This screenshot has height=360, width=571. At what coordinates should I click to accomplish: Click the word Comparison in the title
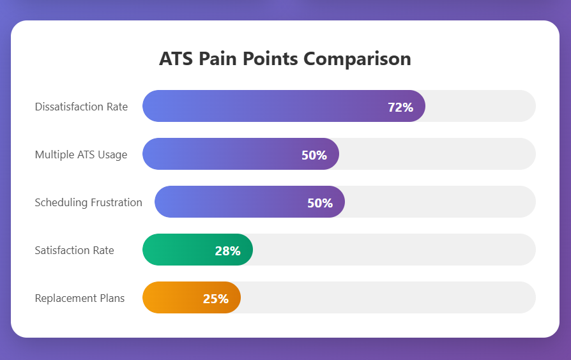click(x=357, y=59)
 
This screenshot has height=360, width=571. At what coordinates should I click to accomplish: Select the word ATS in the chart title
click(x=176, y=59)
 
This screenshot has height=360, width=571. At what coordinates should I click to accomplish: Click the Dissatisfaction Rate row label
click(x=81, y=107)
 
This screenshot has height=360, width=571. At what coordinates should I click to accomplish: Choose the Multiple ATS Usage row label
click(x=81, y=154)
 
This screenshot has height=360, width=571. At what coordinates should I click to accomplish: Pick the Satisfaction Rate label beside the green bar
click(x=74, y=250)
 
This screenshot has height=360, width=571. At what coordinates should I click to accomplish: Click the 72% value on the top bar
click(x=400, y=107)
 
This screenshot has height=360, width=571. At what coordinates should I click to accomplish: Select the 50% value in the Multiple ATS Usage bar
click(x=314, y=155)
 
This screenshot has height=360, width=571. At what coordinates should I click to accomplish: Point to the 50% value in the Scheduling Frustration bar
click(x=320, y=203)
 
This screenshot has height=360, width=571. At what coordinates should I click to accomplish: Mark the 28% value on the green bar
click(x=227, y=251)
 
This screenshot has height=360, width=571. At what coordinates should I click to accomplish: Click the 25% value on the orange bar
click(x=215, y=299)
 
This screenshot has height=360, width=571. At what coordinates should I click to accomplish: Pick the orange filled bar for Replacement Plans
click(x=172, y=297)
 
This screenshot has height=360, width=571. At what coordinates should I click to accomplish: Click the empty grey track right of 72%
click(x=479, y=106)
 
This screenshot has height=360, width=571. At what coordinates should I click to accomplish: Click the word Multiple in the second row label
click(x=54, y=154)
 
